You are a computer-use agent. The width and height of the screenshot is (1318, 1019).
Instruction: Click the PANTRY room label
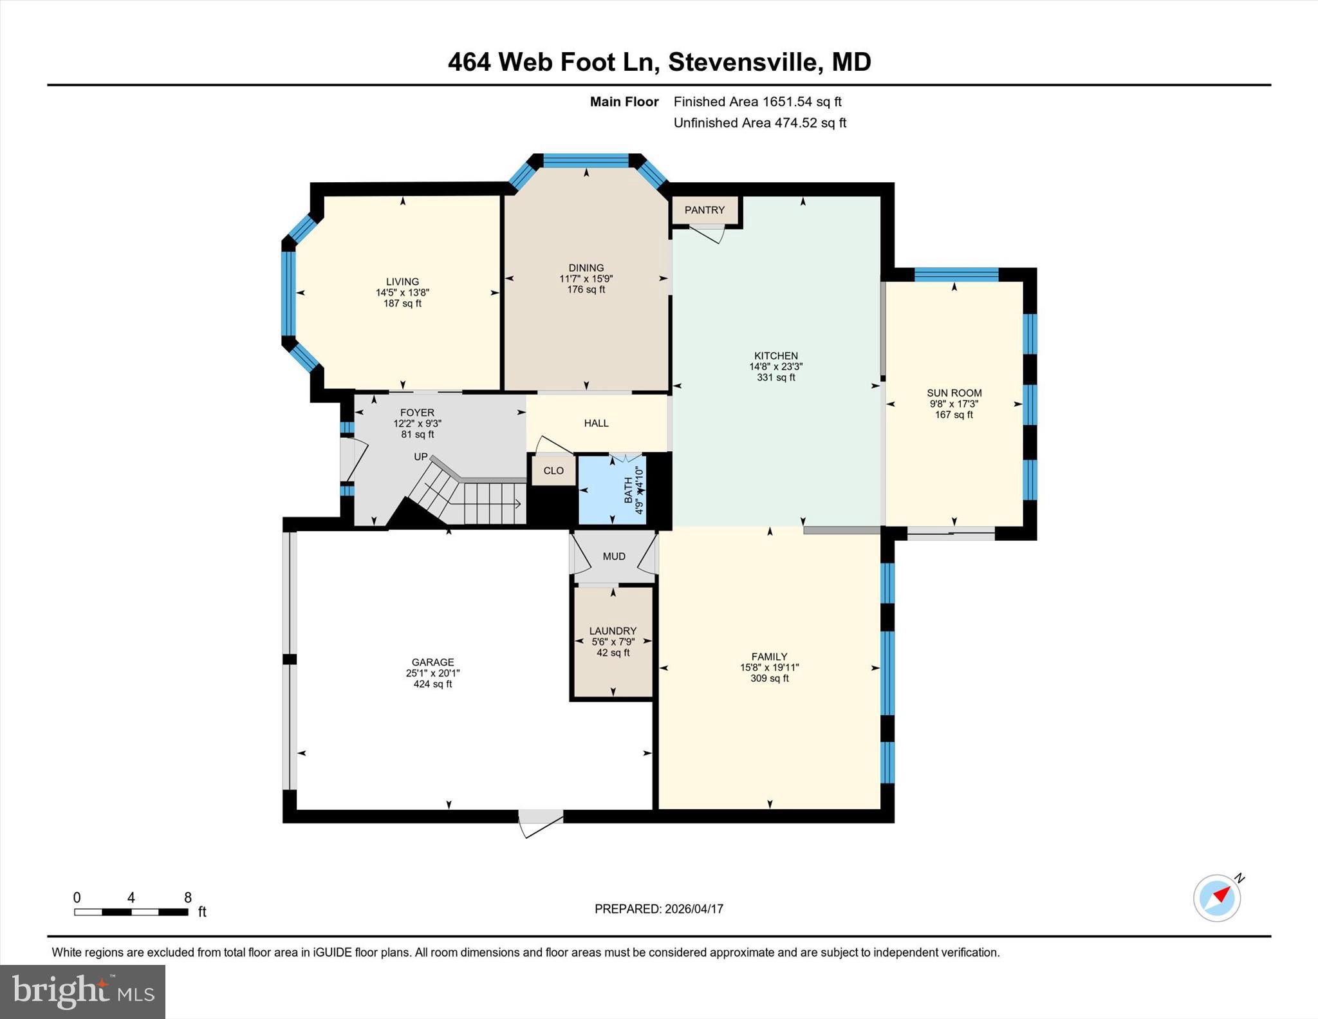(x=704, y=210)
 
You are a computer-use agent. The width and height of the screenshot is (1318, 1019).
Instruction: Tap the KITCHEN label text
(x=775, y=355)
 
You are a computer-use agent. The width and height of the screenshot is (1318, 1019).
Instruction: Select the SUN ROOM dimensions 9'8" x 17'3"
(x=954, y=404)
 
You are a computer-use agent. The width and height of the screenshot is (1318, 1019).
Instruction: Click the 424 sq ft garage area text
(x=432, y=684)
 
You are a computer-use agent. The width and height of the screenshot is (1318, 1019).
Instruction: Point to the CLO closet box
(x=553, y=471)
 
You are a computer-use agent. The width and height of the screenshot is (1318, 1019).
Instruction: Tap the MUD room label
(x=614, y=556)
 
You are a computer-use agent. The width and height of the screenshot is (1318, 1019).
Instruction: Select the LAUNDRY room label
(x=613, y=631)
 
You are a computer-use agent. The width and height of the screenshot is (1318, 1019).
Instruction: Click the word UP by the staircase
(x=420, y=456)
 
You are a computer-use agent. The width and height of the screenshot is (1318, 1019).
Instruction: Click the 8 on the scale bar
(x=188, y=897)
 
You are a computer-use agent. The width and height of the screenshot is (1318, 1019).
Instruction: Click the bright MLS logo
(x=82, y=991)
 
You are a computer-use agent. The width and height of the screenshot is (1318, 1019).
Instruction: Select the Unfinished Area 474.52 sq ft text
(x=759, y=122)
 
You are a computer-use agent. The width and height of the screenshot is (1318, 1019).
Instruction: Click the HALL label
(x=596, y=423)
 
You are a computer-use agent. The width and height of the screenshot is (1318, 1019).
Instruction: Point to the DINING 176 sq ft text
(x=586, y=290)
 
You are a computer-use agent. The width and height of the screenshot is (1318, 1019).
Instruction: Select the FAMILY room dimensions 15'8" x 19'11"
(x=769, y=668)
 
